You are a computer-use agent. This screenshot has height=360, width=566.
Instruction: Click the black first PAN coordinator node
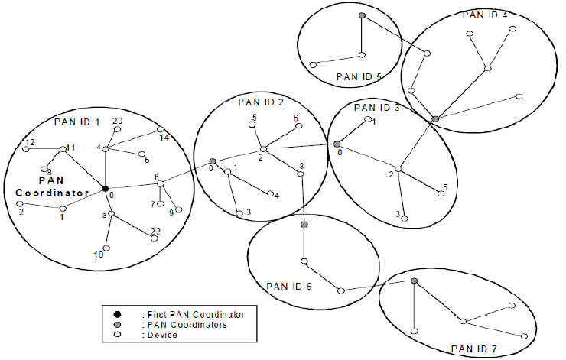point(106,188)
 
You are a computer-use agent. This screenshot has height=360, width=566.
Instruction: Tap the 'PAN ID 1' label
point(76,122)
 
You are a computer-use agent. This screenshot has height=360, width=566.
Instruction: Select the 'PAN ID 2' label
point(261,102)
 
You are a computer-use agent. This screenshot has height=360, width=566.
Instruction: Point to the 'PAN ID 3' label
point(377,108)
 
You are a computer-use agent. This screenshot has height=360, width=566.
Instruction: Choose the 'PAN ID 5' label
point(359,76)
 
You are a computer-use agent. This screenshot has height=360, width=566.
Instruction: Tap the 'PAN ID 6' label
point(288,286)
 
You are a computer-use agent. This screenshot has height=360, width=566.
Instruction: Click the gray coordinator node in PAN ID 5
point(362,16)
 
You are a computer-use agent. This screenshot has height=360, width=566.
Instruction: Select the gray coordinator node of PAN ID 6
point(304,224)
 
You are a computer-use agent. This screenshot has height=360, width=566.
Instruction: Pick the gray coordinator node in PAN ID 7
point(414,281)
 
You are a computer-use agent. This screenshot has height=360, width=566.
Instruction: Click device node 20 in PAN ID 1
point(117,131)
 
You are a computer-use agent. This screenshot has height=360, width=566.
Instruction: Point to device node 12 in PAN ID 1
point(25,148)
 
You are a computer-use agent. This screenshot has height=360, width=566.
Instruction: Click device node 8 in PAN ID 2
point(301,175)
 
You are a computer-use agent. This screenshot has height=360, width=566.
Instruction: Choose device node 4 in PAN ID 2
point(269,193)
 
